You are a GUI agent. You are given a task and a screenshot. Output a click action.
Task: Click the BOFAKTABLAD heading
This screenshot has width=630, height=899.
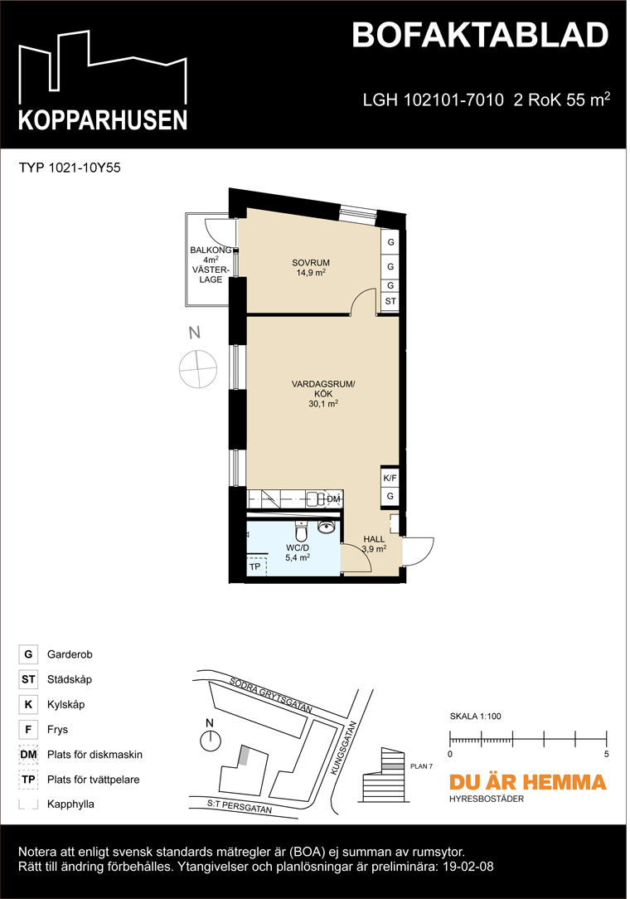pos(480,36)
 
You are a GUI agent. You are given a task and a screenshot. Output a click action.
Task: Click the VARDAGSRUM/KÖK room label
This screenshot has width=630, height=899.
pos(323,389)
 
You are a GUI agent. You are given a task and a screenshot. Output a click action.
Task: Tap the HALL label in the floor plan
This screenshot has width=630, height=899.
pos(374,539)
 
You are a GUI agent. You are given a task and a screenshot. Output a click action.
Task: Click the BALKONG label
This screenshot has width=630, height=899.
pos(209,250)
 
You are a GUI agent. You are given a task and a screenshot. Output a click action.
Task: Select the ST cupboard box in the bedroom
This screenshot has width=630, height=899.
pos(390,302)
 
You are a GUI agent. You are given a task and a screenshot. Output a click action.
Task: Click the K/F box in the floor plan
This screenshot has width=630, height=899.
pos(390,479)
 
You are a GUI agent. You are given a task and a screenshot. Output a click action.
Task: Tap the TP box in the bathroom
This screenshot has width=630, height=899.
pos(255,566)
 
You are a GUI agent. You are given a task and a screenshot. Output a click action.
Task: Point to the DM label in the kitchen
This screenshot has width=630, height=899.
pos(333,498)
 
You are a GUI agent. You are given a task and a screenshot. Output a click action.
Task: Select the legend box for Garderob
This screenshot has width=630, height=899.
pos(28,655)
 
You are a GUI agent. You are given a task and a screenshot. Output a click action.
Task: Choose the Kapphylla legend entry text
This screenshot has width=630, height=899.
pos(70,804)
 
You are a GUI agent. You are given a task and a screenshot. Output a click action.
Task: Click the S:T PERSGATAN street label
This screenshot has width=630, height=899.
pos(241,806)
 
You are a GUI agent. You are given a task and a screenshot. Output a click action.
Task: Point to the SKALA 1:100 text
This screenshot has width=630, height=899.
pos(476,716)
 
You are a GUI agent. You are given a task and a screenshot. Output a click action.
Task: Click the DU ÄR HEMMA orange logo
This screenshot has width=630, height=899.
pos(527,782)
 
